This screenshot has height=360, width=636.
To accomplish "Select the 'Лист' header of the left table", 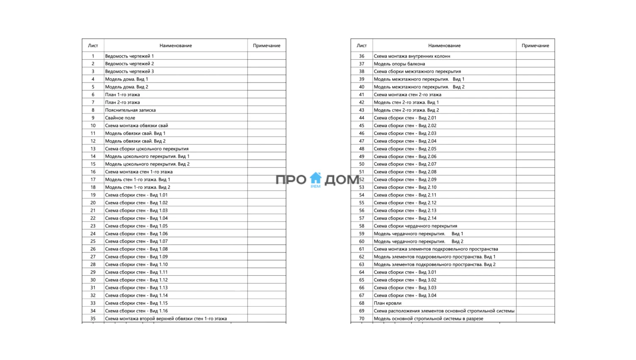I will point(93,45).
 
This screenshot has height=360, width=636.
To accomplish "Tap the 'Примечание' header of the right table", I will point(535,45).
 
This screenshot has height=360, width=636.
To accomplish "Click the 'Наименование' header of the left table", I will point(176,45).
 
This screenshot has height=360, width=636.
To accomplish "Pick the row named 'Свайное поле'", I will point(120,118).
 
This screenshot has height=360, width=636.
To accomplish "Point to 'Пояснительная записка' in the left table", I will point(131,110).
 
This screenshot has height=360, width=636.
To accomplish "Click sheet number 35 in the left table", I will point(93,318).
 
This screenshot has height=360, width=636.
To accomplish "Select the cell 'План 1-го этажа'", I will point(123,95).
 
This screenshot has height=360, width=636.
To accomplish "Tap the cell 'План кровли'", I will point(388,303).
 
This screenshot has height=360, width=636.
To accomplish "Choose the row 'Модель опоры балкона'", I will point(399,64).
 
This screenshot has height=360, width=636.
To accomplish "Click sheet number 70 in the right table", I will point(362,318).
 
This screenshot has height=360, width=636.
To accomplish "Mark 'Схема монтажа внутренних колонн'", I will point(412,56).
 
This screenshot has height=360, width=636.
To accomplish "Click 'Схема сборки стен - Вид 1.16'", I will point(137,311).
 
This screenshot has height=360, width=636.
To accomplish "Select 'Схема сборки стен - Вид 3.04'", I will point(405,296).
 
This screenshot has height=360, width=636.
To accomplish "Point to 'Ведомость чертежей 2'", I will point(130,64).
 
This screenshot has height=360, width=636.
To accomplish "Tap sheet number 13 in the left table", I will point(93,149).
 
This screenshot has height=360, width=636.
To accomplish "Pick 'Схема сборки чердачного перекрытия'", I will point(416,226).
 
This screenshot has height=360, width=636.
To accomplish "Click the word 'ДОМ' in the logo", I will point(342,180).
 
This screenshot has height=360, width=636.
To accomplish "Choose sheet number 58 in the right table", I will point(362,226).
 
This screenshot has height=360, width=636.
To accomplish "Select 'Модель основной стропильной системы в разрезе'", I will point(428,318).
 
